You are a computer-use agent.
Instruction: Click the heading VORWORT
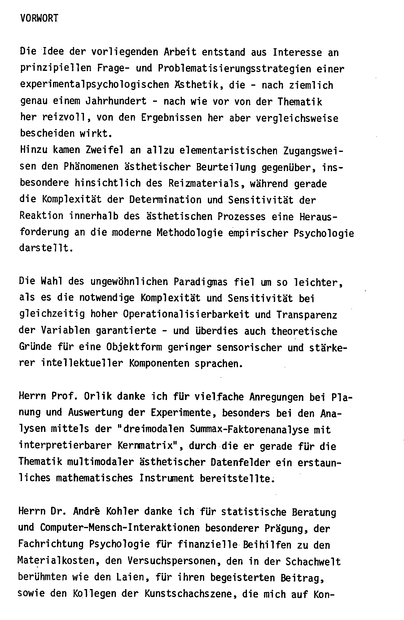(39, 19)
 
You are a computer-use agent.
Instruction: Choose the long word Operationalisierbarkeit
(186, 314)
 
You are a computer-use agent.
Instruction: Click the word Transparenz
(306, 314)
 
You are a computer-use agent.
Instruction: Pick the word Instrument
(167, 478)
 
